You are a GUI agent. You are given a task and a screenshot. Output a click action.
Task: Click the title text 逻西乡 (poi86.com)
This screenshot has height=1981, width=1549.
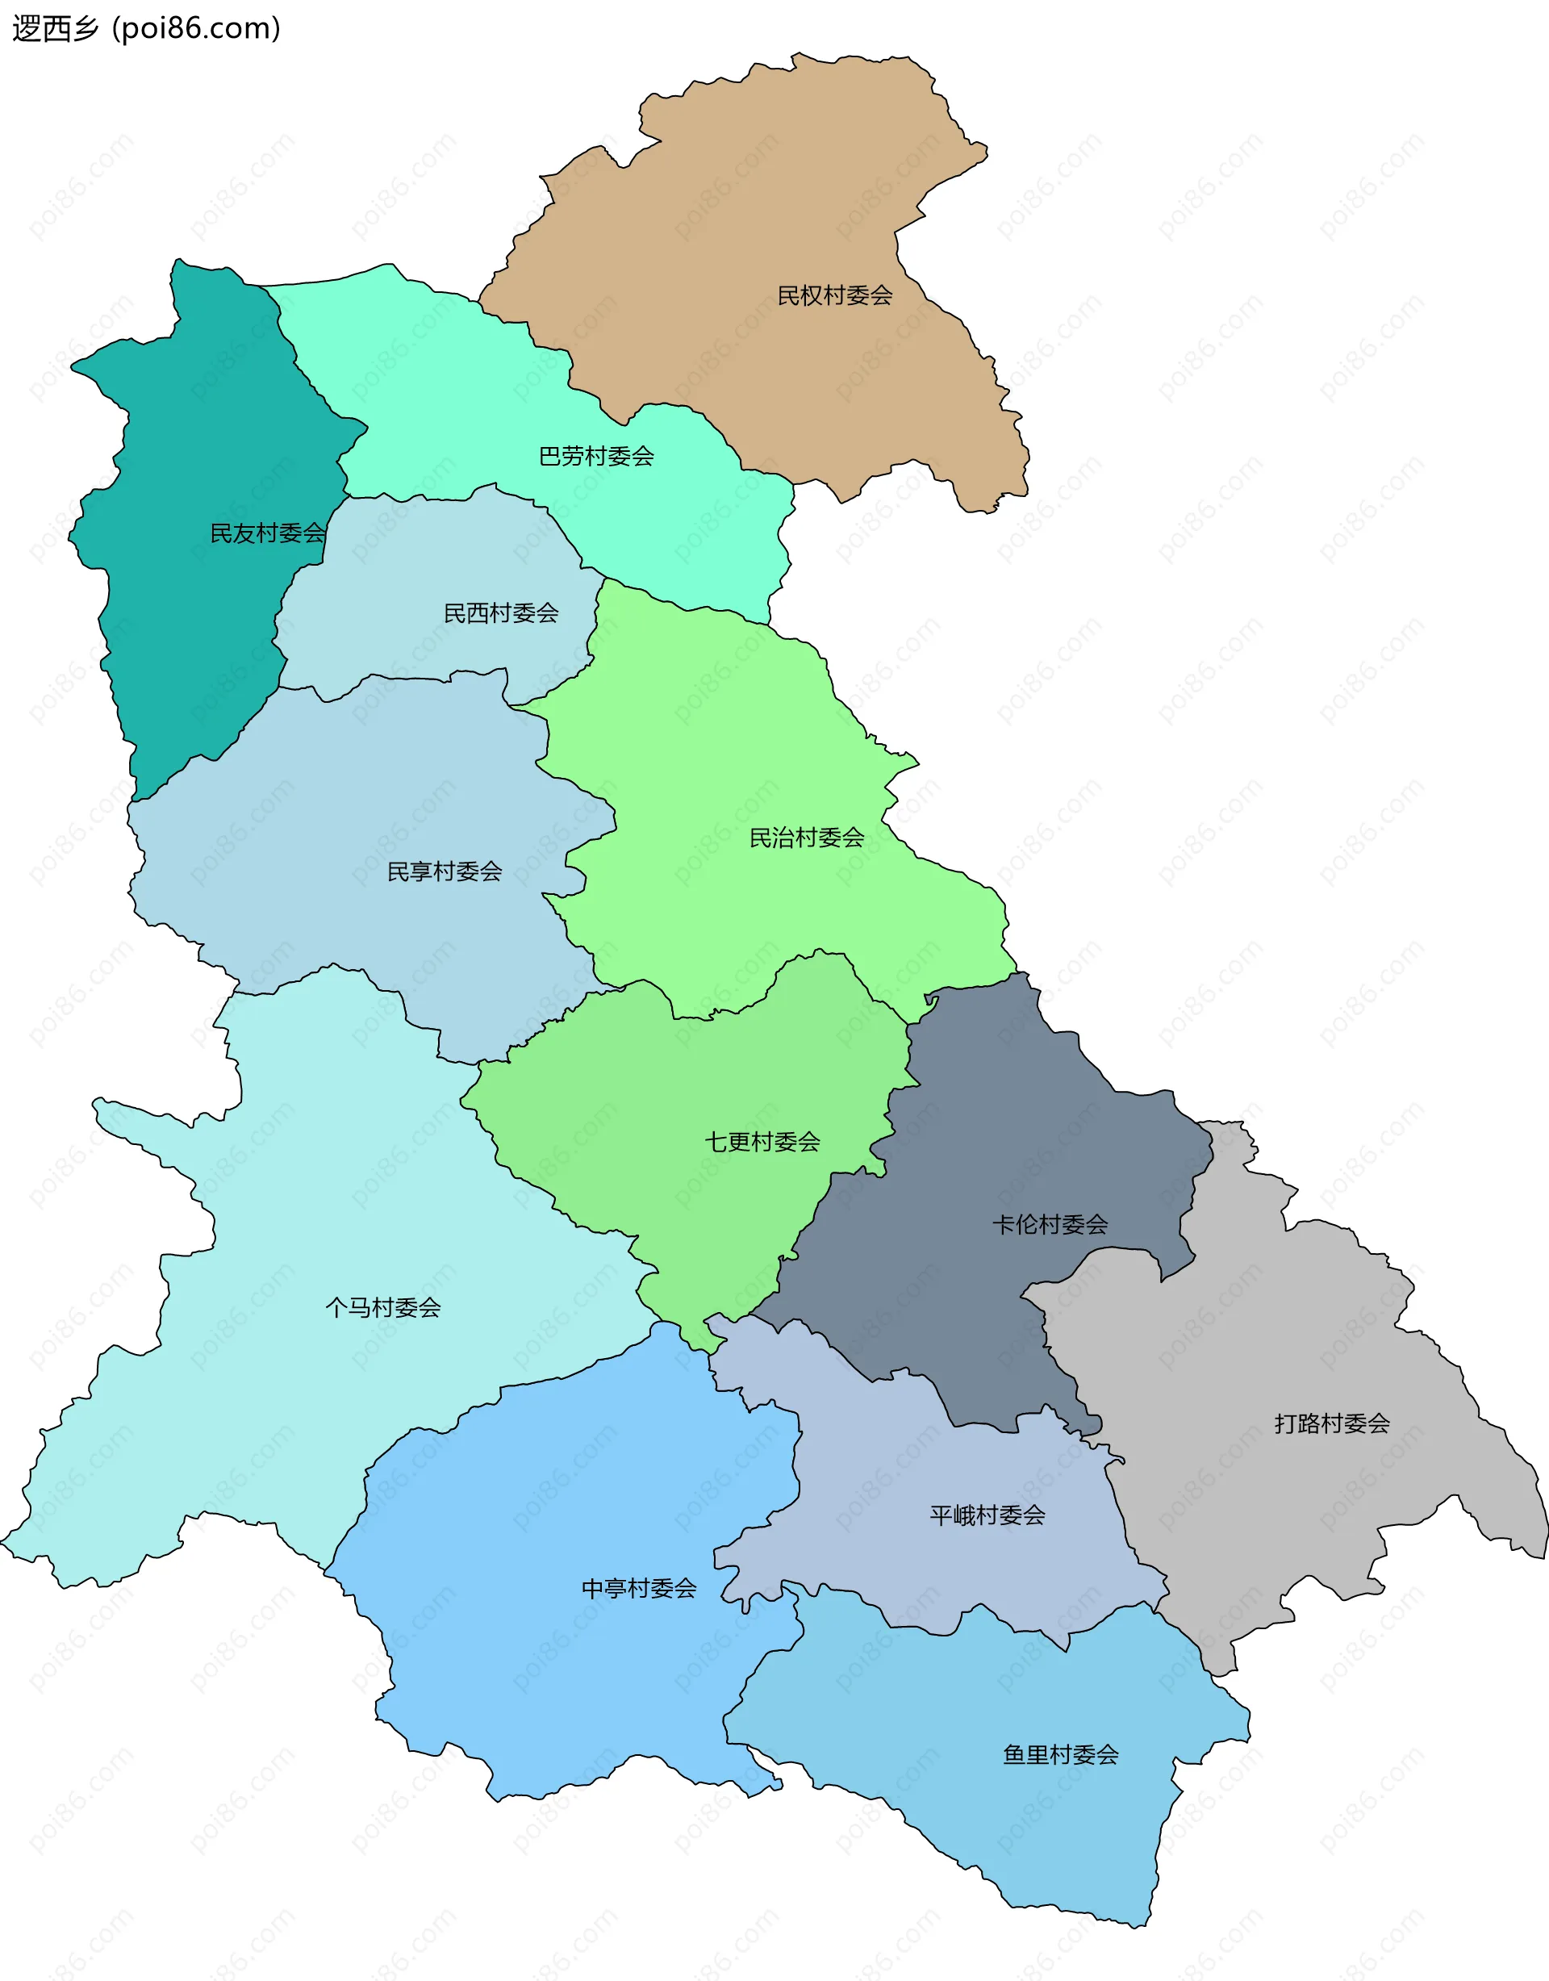[146, 28]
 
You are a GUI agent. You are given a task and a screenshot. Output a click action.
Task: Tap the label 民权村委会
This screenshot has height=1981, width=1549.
[834, 295]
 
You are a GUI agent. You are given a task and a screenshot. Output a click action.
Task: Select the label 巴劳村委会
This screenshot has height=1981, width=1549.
[596, 456]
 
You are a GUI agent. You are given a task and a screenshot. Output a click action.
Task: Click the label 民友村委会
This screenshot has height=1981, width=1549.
[268, 533]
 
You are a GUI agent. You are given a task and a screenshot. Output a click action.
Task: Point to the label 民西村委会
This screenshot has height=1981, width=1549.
[501, 613]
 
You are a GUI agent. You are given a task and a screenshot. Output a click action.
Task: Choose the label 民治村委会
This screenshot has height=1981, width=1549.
[806, 838]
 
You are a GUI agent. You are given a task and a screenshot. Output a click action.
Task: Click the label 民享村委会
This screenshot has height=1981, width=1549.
[445, 871]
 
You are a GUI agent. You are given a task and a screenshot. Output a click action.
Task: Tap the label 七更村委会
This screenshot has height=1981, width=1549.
[762, 1142]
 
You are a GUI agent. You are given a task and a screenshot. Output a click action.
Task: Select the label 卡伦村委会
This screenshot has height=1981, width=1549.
[1050, 1225]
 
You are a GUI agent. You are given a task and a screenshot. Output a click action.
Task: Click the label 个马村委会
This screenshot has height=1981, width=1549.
[382, 1307]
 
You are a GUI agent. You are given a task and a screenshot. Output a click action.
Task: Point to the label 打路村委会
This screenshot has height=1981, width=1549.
[1331, 1423]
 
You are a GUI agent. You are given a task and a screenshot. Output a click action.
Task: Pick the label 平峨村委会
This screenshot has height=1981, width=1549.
[987, 1515]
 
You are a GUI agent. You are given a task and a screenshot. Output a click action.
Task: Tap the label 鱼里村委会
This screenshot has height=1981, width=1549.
[1060, 1754]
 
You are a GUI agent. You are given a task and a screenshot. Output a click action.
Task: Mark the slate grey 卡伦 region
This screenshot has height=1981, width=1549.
[998, 1134]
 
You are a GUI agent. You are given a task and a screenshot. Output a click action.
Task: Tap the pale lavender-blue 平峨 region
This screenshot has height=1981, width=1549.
[907, 1452]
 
